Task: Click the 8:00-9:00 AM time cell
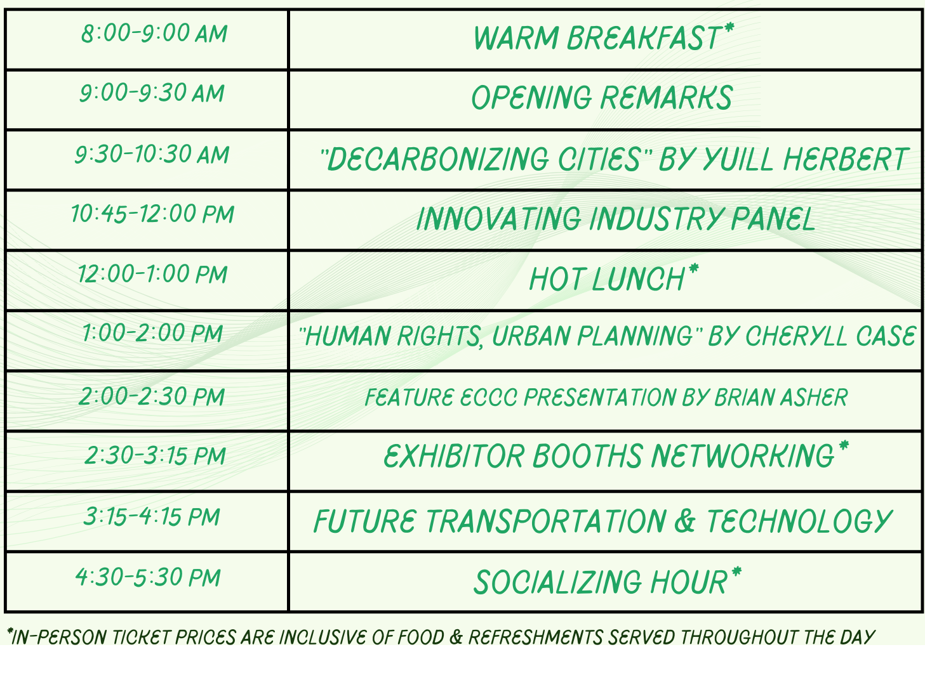[154, 34]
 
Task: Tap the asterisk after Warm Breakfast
[729, 27]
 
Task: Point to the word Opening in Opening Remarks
[531, 98]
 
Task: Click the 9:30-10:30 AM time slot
[152, 154]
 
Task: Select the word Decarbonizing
[437, 159]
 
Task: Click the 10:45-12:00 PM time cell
[152, 214]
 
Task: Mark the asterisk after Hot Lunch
[693, 268]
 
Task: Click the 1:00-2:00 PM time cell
[152, 334]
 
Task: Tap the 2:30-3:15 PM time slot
[155, 455]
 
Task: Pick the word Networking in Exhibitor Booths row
[743, 456]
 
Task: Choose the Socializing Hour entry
[607, 582]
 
